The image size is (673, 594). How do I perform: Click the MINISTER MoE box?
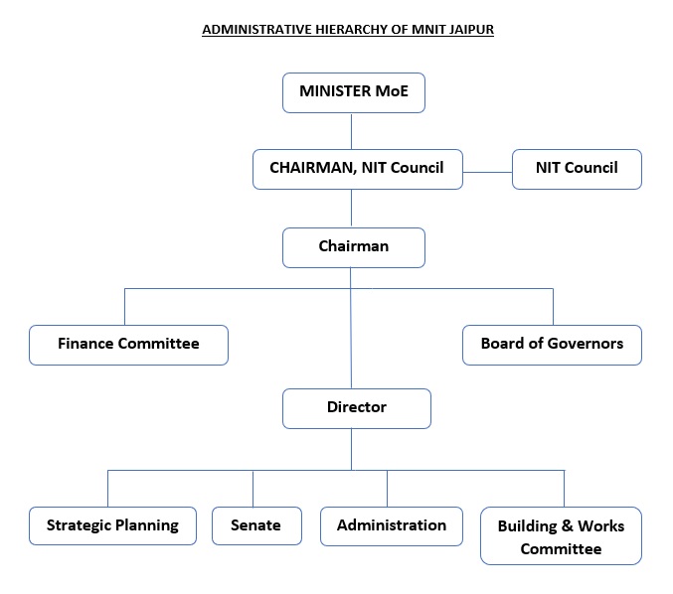coord(354,93)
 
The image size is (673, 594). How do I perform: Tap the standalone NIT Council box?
coord(577,168)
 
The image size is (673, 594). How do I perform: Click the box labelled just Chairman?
coord(354,246)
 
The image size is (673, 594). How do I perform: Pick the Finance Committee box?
coord(128,344)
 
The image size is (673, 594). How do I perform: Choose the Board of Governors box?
coord(552,344)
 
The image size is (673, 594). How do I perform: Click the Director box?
coord(356,407)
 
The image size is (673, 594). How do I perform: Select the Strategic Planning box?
coord(112,524)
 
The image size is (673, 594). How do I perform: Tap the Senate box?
coord(255,524)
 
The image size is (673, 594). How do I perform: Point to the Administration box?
coord(392,524)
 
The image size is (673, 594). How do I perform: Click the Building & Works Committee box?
coord(561,536)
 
